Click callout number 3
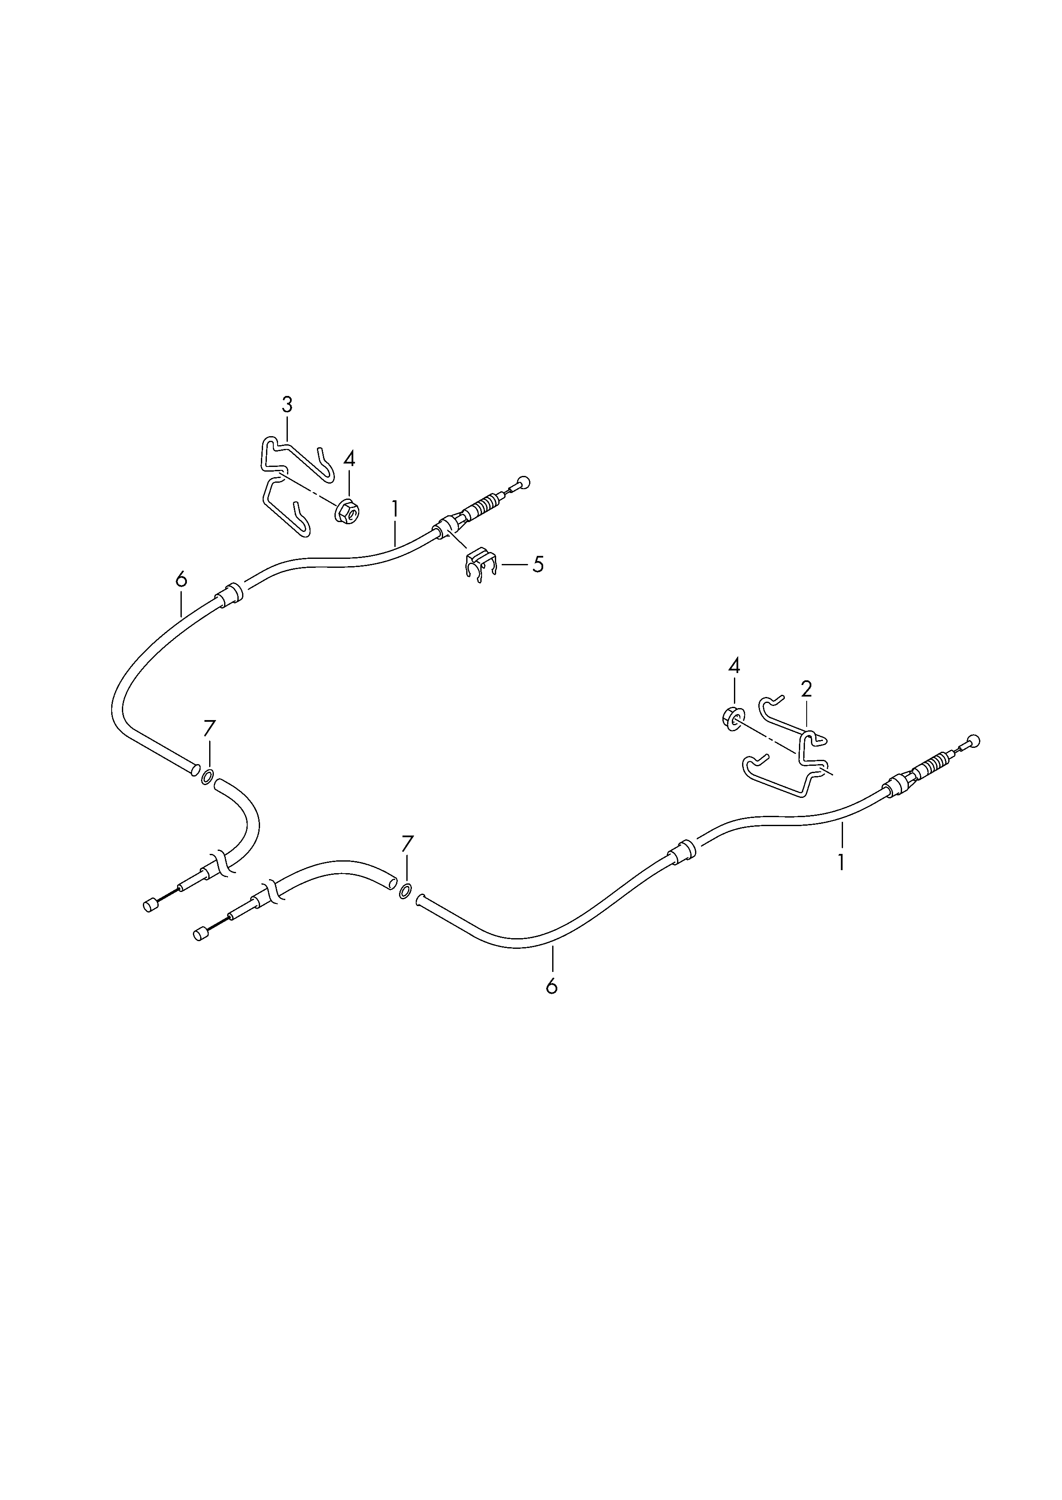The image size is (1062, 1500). click(287, 405)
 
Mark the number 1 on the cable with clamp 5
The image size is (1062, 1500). click(394, 508)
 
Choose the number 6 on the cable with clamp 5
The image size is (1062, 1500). click(181, 579)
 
